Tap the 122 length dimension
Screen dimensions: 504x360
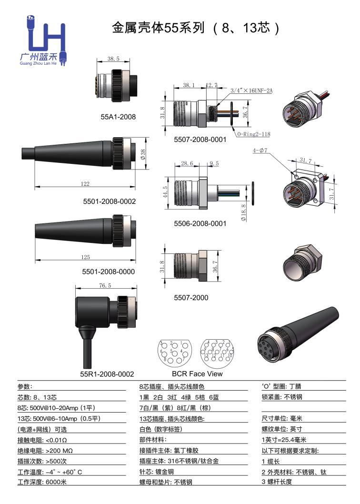(85, 183)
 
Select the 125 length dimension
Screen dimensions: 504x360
(85, 257)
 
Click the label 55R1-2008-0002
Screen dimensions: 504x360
(107, 374)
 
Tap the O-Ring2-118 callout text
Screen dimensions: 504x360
(253, 134)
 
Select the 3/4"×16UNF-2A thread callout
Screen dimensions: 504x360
(251, 91)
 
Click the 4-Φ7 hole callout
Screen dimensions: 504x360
(260, 151)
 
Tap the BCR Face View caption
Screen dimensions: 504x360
(197, 374)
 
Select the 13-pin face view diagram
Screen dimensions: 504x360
(217, 352)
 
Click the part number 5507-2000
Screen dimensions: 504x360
(191, 298)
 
